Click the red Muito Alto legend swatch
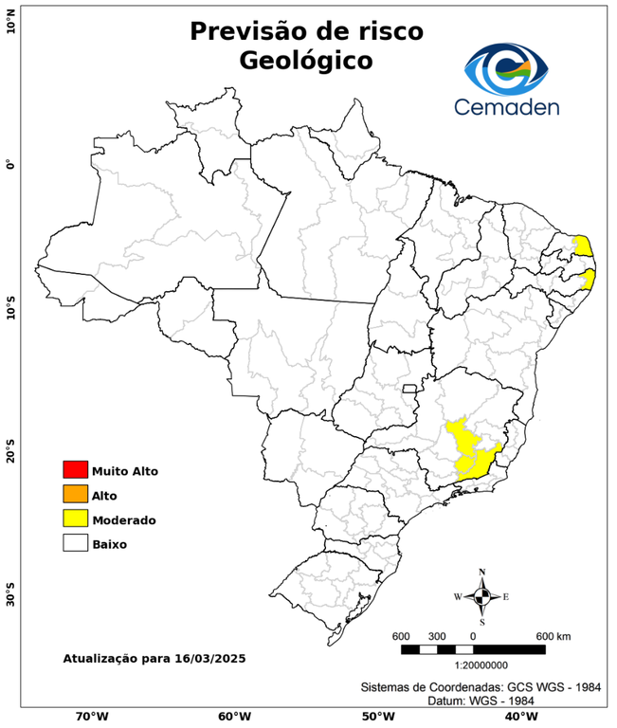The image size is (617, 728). point(75,469)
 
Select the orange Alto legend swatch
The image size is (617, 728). point(75,494)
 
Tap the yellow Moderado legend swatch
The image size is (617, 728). point(75,519)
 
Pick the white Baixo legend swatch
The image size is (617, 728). point(75,543)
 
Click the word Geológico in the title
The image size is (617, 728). point(306,60)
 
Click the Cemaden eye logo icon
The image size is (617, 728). point(507,67)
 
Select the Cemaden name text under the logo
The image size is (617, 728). point(507,105)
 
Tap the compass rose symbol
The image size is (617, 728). point(482,596)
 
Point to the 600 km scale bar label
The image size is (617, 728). point(553,635)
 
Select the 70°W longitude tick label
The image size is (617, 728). point(91,717)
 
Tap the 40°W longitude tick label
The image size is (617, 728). point(518,717)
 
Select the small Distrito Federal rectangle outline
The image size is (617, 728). point(410,388)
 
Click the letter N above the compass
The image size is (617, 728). point(482,572)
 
